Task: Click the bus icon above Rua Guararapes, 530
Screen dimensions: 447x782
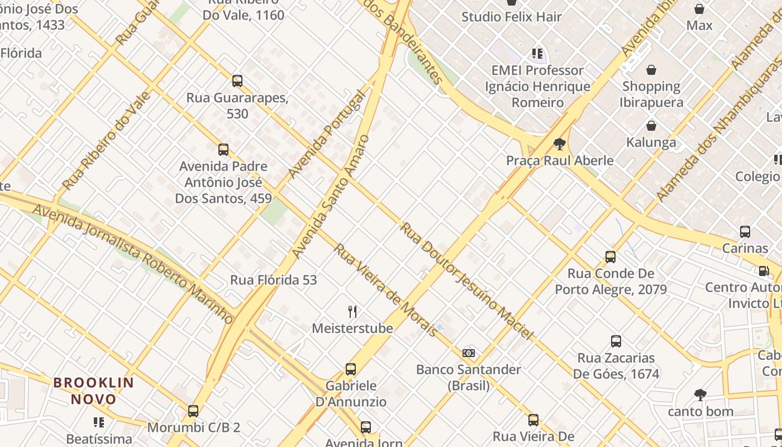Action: [x=237, y=81]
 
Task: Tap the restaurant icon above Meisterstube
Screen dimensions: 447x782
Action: [x=352, y=311]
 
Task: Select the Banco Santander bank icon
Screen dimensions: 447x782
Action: [x=469, y=353]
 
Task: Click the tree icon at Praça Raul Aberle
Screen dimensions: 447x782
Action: [x=559, y=144]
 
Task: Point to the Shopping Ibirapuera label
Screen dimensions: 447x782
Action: [x=651, y=94]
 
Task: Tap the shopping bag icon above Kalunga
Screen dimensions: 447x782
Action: [x=651, y=126]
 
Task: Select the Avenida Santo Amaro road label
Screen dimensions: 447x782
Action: [x=331, y=197]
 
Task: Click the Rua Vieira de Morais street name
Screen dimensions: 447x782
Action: [x=385, y=290]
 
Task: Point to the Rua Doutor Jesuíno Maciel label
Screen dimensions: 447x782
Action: [x=466, y=281]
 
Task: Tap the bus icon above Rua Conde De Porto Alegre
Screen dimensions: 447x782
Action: [x=611, y=257]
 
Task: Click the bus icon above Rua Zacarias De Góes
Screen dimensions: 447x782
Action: [x=616, y=341]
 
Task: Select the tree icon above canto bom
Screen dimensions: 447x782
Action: [x=700, y=395]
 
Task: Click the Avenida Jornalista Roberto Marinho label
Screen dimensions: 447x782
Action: [x=133, y=264]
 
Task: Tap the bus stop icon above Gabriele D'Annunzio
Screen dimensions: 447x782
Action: [x=351, y=369]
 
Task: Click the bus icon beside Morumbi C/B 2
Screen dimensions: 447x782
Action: [x=193, y=411]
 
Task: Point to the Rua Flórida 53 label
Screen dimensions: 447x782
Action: [x=274, y=280]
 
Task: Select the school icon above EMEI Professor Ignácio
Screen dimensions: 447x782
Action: [x=537, y=54]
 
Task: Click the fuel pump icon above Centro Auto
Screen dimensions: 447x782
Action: [x=764, y=271]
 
